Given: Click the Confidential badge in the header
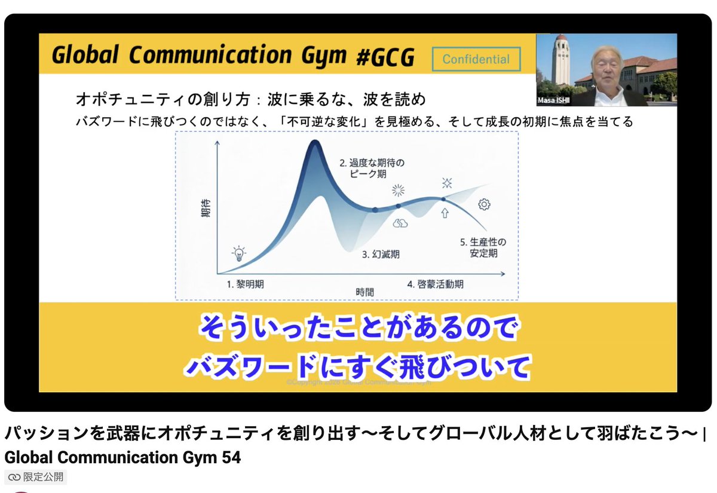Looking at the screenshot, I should point(476,59).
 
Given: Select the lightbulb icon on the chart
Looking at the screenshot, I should point(239,253).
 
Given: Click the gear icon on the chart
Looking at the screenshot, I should point(484,205).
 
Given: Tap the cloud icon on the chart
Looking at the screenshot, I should point(400,223).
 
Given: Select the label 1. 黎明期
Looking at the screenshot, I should point(245,284).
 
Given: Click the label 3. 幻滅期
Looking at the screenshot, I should point(381,254).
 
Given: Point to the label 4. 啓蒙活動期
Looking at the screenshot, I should point(435,284).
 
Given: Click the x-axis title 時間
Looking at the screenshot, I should point(364,292).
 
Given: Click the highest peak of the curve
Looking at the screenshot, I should point(313,143).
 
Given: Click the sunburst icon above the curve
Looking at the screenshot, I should point(398,191).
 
